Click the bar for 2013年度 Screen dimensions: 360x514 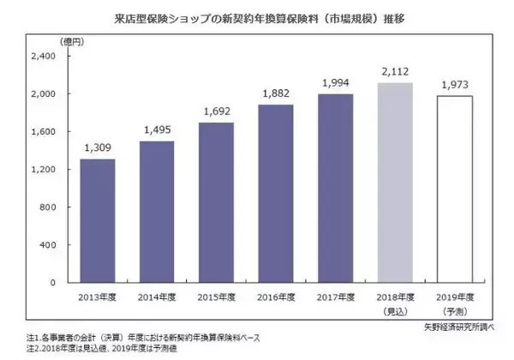click(97, 220)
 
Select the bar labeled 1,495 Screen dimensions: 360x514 click(156, 212)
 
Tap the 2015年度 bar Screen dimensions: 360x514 click(216, 202)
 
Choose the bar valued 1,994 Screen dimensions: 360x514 click(335, 188)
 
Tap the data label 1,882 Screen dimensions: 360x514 click(275, 95)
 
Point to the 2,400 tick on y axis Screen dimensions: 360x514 click(42, 56)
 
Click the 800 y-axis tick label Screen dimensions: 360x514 click(48, 207)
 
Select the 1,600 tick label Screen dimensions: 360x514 click(42, 131)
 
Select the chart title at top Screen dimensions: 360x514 click(257, 16)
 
